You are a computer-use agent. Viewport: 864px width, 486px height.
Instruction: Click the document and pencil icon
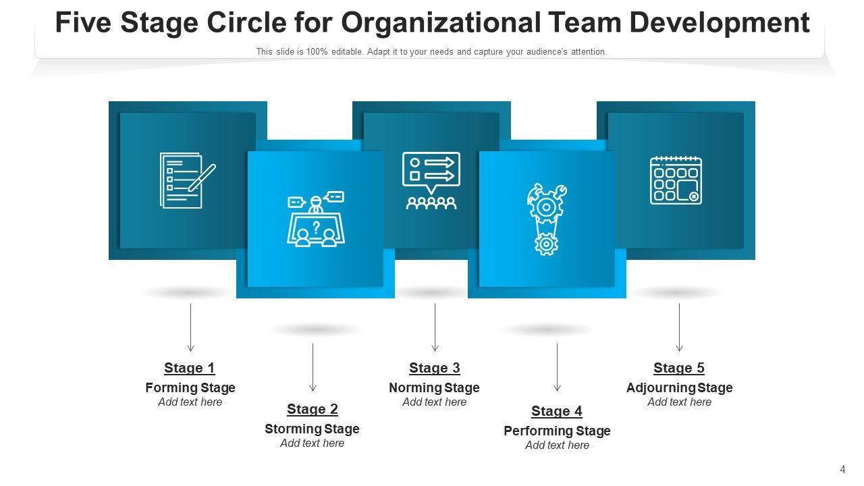[187, 180]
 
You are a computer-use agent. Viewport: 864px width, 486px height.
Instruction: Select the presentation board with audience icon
[431, 180]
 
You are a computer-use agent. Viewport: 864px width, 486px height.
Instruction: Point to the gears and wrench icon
[546, 219]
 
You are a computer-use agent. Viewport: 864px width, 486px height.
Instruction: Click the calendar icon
[676, 180]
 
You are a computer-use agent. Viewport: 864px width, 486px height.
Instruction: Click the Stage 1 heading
[190, 368]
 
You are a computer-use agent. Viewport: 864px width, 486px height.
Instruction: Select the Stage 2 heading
[313, 409]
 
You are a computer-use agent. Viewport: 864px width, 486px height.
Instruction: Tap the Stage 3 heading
[435, 368]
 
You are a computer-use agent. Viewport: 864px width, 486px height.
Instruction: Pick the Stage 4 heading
[557, 411]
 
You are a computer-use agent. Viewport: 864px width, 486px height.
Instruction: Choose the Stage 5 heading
[679, 368]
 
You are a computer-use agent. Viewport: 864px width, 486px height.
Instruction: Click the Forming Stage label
[190, 387]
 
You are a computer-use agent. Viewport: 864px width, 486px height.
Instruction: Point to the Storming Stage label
[312, 429]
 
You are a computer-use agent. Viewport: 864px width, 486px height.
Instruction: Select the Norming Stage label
[434, 387]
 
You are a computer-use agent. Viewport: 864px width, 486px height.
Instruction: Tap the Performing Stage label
[557, 431]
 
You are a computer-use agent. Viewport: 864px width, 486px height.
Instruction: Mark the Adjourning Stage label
[679, 387]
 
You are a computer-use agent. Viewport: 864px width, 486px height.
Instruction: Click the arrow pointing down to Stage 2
[313, 367]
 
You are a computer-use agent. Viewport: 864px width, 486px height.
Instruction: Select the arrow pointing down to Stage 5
[679, 327]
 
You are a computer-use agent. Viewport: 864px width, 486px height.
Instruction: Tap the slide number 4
[842, 470]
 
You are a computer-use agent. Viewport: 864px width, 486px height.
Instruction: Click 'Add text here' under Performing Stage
[557, 445]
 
